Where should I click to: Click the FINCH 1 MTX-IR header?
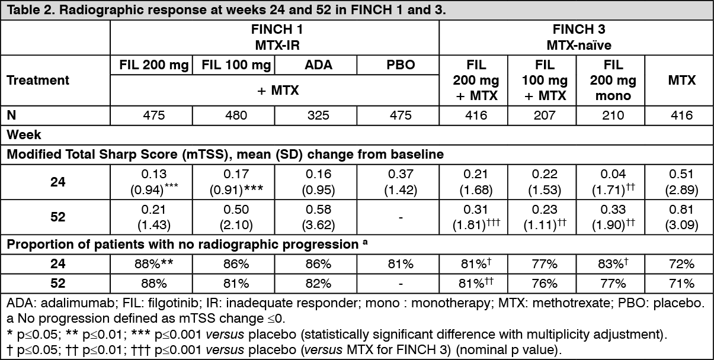(x=277, y=37)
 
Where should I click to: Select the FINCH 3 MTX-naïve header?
(x=579, y=37)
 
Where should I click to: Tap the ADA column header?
(x=318, y=65)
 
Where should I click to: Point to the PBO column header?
(x=401, y=65)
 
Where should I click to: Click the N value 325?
(x=318, y=115)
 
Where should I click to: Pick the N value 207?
(x=545, y=115)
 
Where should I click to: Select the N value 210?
(x=613, y=115)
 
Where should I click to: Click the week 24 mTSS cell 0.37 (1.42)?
(x=401, y=182)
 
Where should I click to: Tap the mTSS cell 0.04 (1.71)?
(x=613, y=182)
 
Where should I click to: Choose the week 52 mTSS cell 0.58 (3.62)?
(x=318, y=217)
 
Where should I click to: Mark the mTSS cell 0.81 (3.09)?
(x=681, y=217)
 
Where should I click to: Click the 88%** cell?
(x=153, y=264)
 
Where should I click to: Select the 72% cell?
(x=681, y=264)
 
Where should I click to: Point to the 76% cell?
(x=545, y=283)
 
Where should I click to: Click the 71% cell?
(x=681, y=283)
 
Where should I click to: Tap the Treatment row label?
(x=37, y=81)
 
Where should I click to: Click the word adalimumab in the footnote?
(x=77, y=303)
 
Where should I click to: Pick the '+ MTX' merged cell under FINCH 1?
(x=278, y=91)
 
